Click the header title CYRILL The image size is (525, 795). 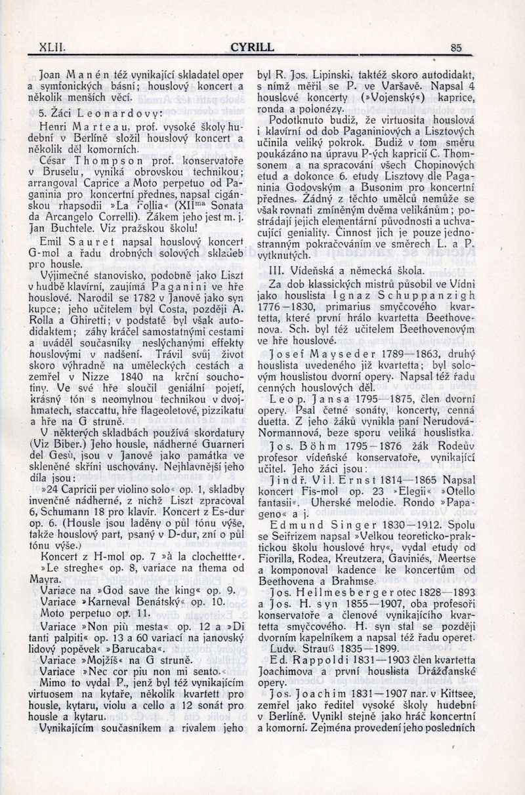pyautogui.click(x=253, y=47)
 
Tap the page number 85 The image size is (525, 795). pyautogui.click(x=457, y=47)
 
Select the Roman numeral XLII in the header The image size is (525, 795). pyautogui.click(x=52, y=47)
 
